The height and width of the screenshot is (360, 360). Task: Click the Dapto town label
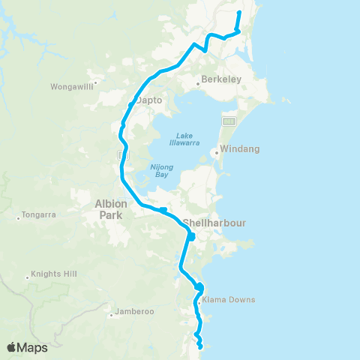pyautogui.click(x=149, y=107)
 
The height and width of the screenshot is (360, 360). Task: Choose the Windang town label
pyautogui.click(x=240, y=149)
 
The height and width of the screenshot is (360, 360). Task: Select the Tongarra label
pyautogui.click(x=40, y=217)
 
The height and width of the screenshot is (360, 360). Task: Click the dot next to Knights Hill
pyautogui.click(x=27, y=277)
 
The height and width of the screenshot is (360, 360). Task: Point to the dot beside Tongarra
pyautogui.click(x=18, y=218)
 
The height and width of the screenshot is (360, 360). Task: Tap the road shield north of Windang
pyautogui.click(x=229, y=121)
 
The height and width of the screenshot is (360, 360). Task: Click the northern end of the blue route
pyautogui.click(x=239, y=13)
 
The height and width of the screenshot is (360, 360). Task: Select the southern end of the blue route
pyautogui.click(x=201, y=346)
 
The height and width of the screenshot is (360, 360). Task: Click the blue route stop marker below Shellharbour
pyautogui.click(x=191, y=236)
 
